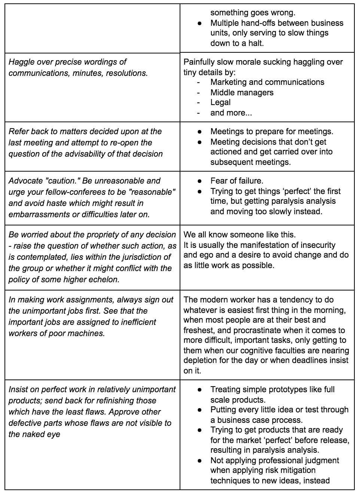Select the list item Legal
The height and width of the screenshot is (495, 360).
coord(220,102)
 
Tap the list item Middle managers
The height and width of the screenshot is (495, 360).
coord(242,92)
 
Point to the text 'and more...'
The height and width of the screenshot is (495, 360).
coord(231,113)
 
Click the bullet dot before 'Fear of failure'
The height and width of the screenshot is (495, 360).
coord(200,181)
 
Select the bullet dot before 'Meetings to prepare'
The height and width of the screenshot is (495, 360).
coord(200,132)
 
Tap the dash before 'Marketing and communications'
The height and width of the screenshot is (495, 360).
coord(198,82)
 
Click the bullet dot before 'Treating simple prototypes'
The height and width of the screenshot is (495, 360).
coord(200,390)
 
